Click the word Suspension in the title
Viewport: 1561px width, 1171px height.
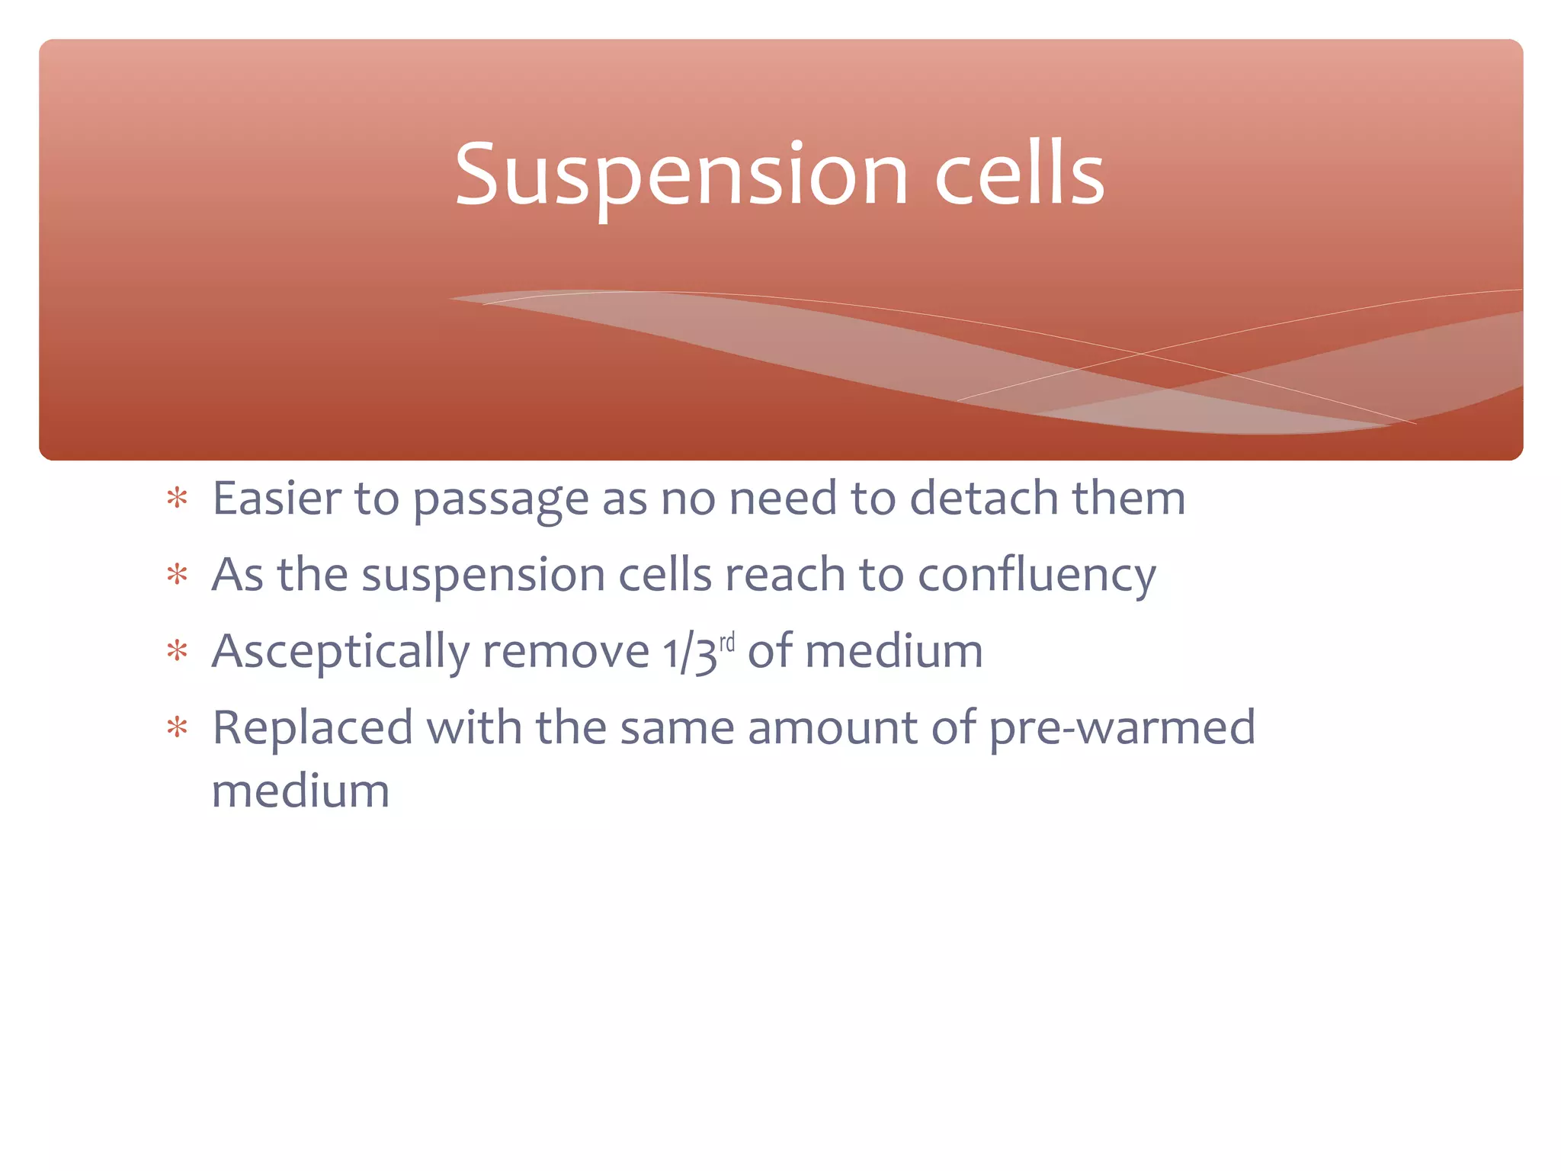(x=681, y=175)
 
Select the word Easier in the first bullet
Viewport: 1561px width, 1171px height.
(x=277, y=499)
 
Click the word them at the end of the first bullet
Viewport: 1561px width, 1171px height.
(x=1128, y=499)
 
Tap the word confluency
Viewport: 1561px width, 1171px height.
(x=1037, y=576)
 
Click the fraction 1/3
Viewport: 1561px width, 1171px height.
(x=690, y=654)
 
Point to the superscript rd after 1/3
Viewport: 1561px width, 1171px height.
(x=727, y=642)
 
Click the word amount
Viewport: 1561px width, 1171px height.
(x=832, y=728)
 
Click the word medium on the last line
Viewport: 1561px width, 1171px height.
(x=300, y=791)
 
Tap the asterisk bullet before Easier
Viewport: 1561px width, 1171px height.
(x=178, y=499)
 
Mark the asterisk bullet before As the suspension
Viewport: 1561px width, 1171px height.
(x=178, y=575)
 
